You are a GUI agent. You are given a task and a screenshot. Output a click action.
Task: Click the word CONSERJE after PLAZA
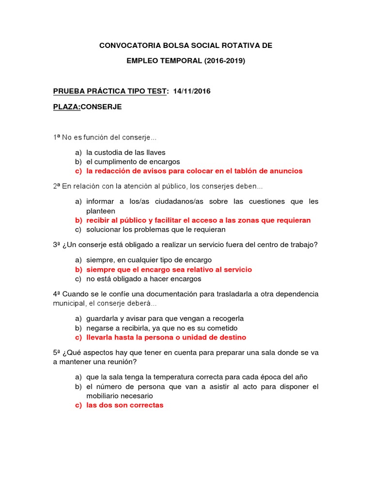(x=101, y=107)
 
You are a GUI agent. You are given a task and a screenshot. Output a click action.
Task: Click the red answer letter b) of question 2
(x=78, y=220)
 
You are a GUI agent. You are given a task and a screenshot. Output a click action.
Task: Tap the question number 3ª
(x=57, y=245)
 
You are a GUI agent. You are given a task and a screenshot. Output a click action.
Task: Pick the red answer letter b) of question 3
(x=78, y=269)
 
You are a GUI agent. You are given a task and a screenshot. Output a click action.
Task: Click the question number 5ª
(x=57, y=353)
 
